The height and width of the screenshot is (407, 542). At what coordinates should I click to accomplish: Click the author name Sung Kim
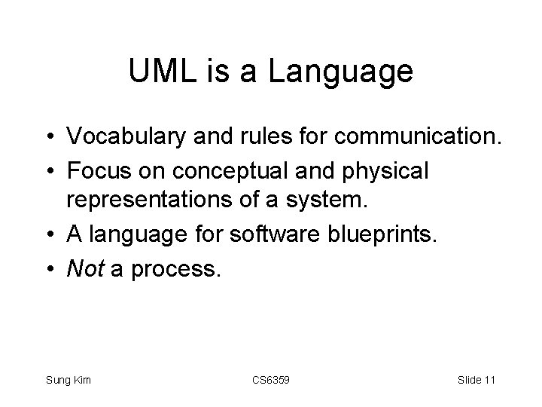(x=68, y=381)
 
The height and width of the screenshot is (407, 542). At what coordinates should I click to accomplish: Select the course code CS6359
(x=270, y=381)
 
